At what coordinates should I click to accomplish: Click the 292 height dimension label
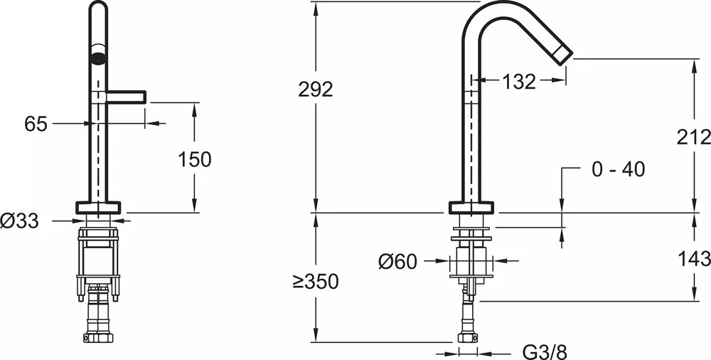tap(316, 90)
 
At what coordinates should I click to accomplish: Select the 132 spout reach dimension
tap(519, 82)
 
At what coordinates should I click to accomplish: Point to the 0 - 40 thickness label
tap(618, 169)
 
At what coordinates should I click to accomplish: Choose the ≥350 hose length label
tap(316, 282)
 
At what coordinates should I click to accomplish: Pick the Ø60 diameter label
tap(397, 262)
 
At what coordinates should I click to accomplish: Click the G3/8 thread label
tap(545, 352)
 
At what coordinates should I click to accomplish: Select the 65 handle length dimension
tap(36, 124)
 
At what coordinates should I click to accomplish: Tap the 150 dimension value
tap(195, 159)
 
